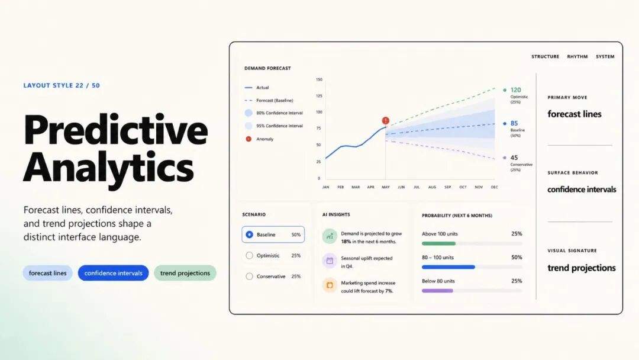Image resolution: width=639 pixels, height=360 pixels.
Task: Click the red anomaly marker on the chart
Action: point(386,121)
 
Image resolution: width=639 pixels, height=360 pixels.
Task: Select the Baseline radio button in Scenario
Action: point(250,234)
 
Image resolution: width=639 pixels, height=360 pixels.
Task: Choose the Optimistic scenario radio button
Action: point(250,256)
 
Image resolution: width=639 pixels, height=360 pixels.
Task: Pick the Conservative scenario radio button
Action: point(250,277)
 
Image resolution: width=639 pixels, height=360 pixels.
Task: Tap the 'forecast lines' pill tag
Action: point(48,273)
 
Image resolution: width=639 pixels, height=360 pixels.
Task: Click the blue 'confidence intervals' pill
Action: point(113,273)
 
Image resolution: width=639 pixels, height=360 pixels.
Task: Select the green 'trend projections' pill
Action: point(185,273)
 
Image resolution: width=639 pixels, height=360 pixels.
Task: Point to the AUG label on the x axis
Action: point(432,187)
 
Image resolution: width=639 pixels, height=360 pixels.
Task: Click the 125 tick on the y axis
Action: point(319,96)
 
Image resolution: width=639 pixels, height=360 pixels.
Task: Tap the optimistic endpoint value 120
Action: point(515,89)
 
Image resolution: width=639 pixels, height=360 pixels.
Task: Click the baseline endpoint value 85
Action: point(514,123)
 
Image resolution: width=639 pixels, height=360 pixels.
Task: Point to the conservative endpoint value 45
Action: point(514,157)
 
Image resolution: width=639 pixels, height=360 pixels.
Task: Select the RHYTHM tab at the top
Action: point(577,57)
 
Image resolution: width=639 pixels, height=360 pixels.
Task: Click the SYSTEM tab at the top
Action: point(605,57)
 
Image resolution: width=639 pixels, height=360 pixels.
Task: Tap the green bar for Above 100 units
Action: point(438,243)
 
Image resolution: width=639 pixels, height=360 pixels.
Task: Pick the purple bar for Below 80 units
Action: point(437,291)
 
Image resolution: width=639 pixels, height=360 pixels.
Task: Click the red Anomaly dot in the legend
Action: point(248,139)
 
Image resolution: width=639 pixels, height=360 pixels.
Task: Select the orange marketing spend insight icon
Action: point(330,285)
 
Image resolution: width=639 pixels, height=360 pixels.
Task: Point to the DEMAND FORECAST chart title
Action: point(268,69)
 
